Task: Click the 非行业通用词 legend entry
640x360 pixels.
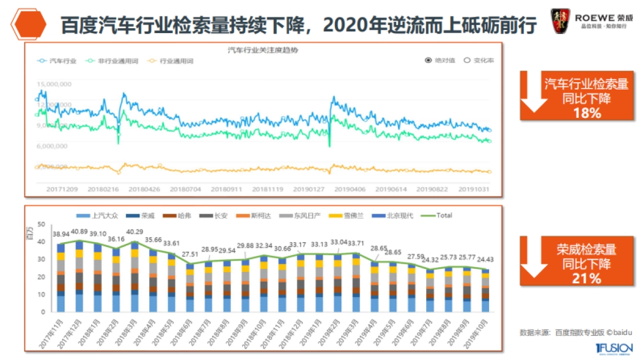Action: (107, 61)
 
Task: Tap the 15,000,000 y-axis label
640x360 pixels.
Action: (54, 84)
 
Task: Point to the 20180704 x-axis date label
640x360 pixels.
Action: (186, 189)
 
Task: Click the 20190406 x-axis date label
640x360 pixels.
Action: (350, 189)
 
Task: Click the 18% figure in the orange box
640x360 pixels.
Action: (586, 113)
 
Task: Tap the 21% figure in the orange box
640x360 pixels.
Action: (586, 278)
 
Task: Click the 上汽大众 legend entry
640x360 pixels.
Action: (97, 215)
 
